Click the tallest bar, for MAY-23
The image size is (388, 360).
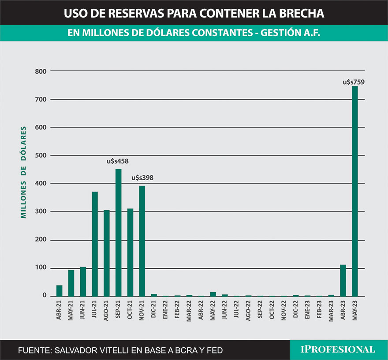click(354, 191)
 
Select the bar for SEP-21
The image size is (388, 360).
click(118, 232)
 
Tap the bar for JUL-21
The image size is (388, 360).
click(95, 244)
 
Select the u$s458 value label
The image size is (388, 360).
click(118, 161)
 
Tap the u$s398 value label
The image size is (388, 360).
click(143, 178)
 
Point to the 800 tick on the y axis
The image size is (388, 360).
click(42, 71)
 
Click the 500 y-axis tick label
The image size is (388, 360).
click(42, 156)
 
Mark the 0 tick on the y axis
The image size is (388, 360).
click(45, 296)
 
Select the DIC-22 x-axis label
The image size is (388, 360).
click(296, 310)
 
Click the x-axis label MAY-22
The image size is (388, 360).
click(213, 310)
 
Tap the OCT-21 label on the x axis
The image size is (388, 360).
click(130, 310)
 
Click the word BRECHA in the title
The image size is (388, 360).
click(300, 13)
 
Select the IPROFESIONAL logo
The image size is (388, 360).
click(338, 349)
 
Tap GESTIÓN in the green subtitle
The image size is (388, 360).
click(281, 33)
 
